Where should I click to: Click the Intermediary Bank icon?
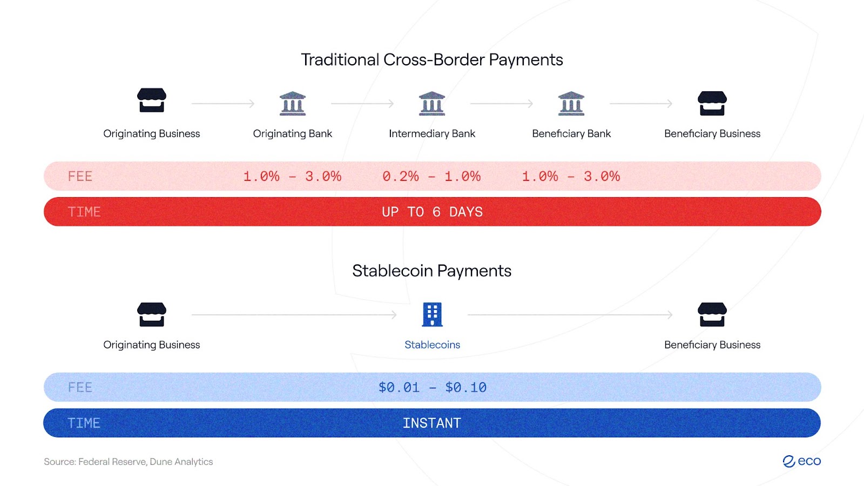[431, 103]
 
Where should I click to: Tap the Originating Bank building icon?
[292, 103]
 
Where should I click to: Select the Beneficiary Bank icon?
[571, 103]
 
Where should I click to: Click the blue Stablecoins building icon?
[432, 314]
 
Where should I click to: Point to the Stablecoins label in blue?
[432, 345]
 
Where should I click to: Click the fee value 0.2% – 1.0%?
[431, 176]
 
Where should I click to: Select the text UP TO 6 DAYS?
[432, 212]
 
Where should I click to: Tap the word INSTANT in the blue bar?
[431, 423]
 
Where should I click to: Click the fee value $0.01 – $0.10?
[432, 387]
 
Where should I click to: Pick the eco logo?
[801, 461]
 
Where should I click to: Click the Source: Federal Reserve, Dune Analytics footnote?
[128, 462]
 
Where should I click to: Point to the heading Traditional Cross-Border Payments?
[432, 60]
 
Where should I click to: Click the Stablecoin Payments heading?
[431, 271]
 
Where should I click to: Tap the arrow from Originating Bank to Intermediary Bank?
[362, 103]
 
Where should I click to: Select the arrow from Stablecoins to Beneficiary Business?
[570, 315]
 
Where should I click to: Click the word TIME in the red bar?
[84, 212]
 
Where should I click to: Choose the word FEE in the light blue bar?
[80, 387]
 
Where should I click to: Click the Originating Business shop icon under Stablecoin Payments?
[152, 314]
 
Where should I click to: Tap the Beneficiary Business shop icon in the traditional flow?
[712, 103]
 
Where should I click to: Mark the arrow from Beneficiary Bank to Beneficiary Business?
[640, 103]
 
